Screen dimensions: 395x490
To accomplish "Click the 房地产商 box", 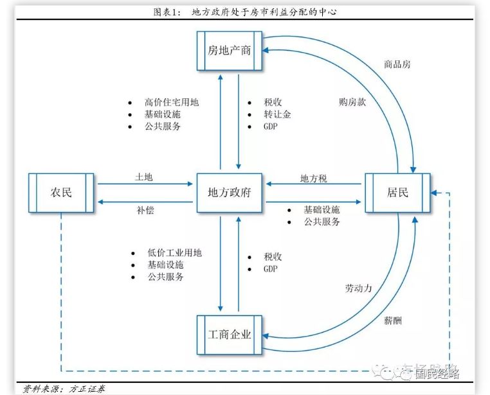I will (230, 50).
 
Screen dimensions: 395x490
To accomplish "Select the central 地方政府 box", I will (230, 192).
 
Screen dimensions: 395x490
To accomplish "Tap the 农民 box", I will (62, 192).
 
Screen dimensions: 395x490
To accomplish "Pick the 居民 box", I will (397, 192).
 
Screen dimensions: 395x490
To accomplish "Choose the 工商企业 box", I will (230, 335).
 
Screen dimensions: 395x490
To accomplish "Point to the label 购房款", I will (352, 101).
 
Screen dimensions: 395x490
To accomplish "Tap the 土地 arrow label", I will (144, 177).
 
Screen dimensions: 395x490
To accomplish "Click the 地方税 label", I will (314, 179).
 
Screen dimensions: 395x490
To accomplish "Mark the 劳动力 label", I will (358, 288).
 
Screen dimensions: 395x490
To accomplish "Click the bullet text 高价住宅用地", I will (172, 102).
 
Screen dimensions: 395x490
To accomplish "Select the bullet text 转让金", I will (277, 114).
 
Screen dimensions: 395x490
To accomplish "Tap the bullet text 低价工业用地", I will (174, 252).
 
